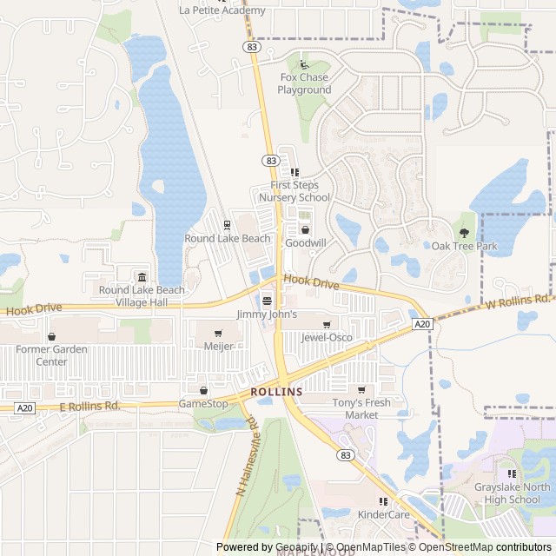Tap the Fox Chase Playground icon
pyautogui.click(x=303, y=64)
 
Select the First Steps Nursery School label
pyautogui.click(x=301, y=191)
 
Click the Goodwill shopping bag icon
pyautogui.click(x=305, y=229)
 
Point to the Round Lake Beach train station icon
pyautogui.click(x=227, y=225)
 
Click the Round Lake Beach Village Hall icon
pyautogui.click(x=142, y=277)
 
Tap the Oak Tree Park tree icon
pyautogui.click(x=464, y=232)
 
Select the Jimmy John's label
pyautogui.click(x=267, y=314)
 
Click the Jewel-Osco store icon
pyautogui.click(x=327, y=324)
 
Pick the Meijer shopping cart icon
pyautogui.click(x=218, y=333)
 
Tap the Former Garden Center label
pyautogui.click(x=53, y=355)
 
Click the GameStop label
pyautogui.click(x=203, y=404)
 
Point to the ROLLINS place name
pyautogui.click(x=276, y=392)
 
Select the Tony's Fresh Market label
pyautogui.click(x=361, y=408)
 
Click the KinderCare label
pyautogui.click(x=383, y=514)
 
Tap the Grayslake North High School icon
pyautogui.click(x=512, y=474)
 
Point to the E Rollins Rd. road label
pyautogui.click(x=89, y=406)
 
